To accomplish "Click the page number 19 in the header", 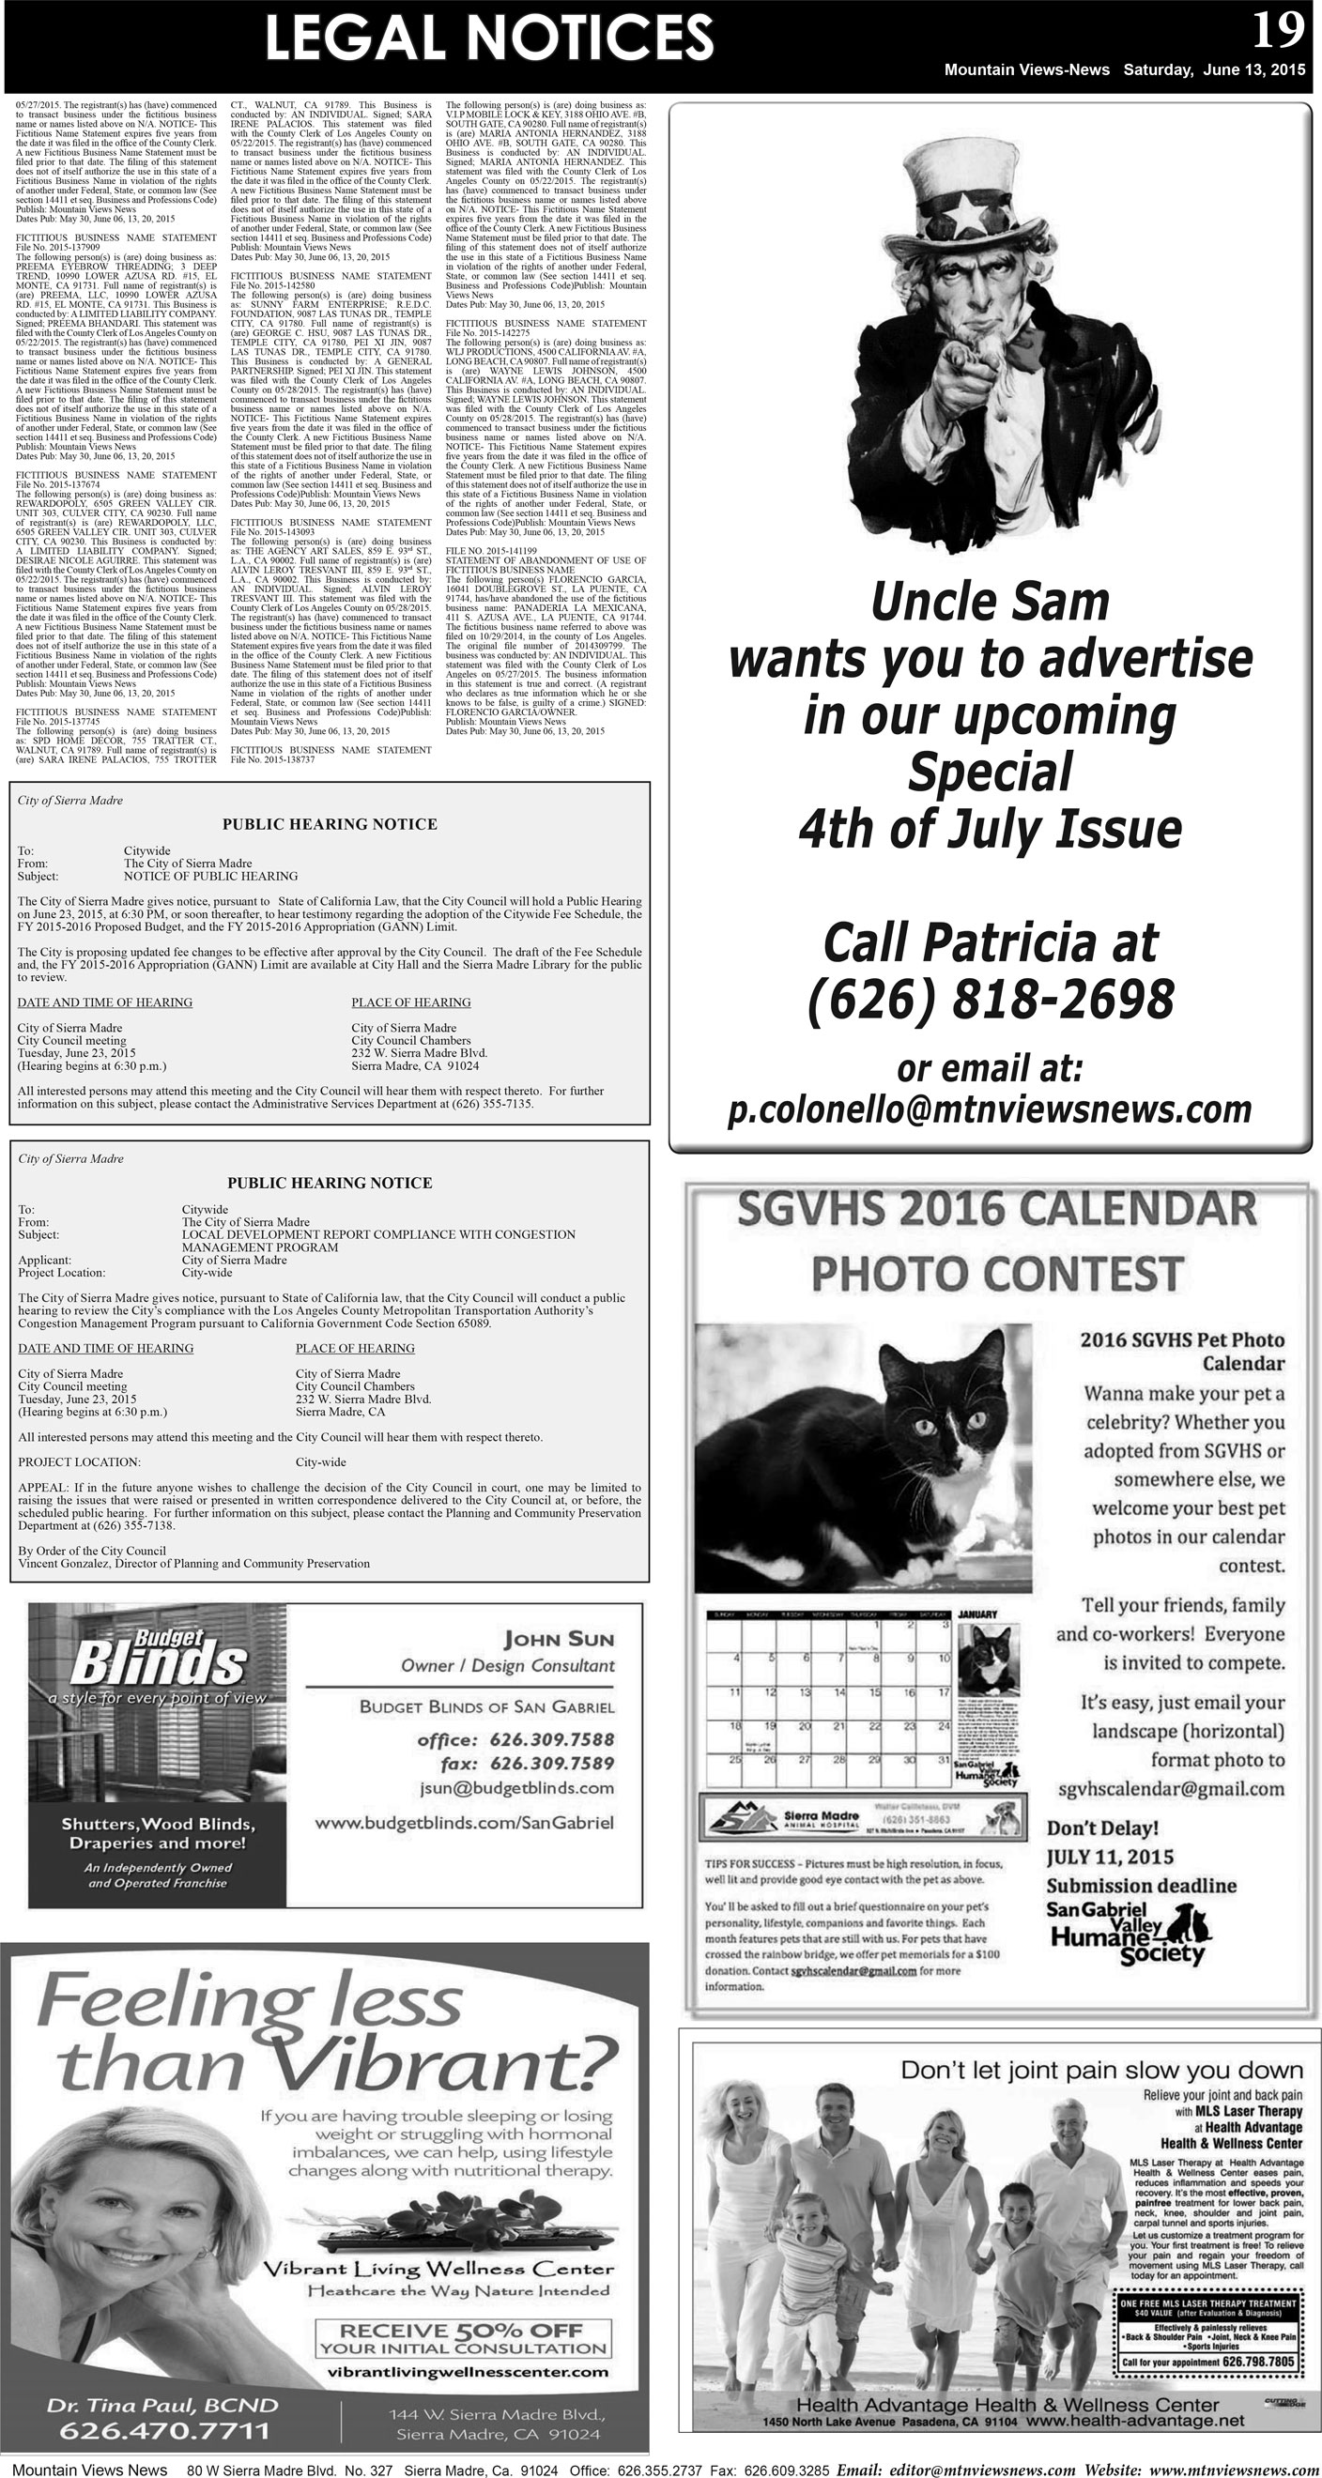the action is pyautogui.click(x=1278, y=31).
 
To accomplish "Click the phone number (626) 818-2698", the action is pyautogui.click(x=990, y=1000).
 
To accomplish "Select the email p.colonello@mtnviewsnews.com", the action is pyautogui.click(x=990, y=1109).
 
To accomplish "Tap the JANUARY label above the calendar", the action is pyautogui.click(x=976, y=1614).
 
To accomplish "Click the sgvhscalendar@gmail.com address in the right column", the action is pyautogui.click(x=1170, y=1789).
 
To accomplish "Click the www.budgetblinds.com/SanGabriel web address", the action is pyautogui.click(x=464, y=1822).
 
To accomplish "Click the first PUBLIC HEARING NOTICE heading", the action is pyautogui.click(x=329, y=824).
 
